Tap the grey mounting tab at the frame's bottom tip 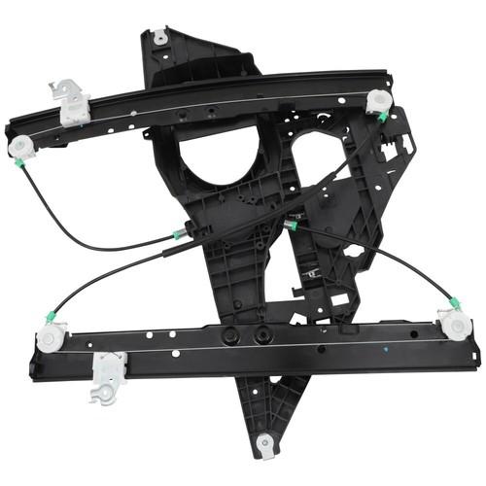click(x=265, y=446)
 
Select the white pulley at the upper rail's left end click(x=21, y=147)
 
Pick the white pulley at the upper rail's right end click(x=379, y=101)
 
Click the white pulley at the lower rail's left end click(x=48, y=339)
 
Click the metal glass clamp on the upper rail click(x=70, y=102)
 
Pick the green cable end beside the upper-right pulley click(x=384, y=118)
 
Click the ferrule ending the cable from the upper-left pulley click(x=178, y=234)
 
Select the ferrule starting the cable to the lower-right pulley click(x=290, y=226)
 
